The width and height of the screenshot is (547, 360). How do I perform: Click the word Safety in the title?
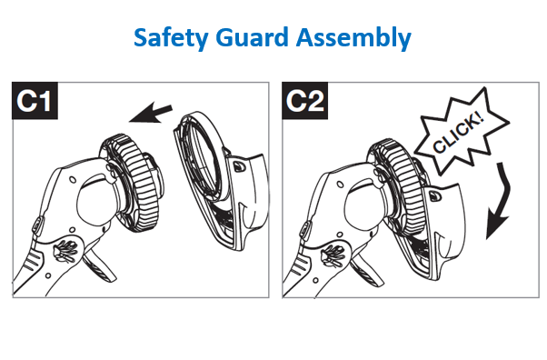click(x=171, y=37)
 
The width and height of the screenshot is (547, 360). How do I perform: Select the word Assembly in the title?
click(x=353, y=37)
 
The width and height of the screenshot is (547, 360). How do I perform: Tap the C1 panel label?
click(x=35, y=101)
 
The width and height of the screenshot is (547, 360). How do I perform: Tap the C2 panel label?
click(x=304, y=101)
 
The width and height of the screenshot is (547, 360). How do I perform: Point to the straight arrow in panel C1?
click(x=151, y=113)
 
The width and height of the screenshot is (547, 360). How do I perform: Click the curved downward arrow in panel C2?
click(x=500, y=201)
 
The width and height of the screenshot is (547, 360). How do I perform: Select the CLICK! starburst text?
click(x=459, y=134)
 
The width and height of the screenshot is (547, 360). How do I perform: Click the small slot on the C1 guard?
click(x=239, y=166)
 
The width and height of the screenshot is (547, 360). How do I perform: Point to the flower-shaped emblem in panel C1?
click(x=65, y=251)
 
